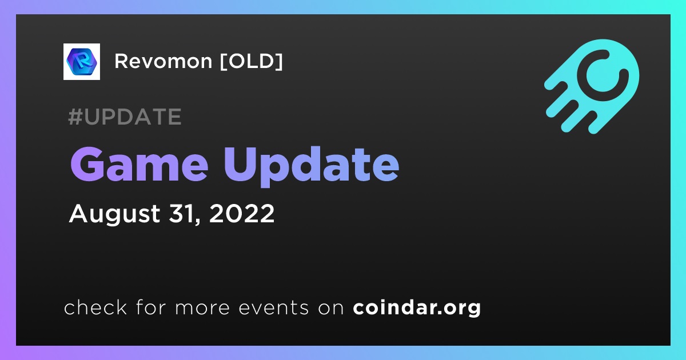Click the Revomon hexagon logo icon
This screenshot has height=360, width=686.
pyautogui.click(x=81, y=62)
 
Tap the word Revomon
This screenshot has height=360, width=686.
pyautogui.click(x=163, y=61)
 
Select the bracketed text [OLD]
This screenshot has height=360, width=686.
pyautogui.click(x=251, y=61)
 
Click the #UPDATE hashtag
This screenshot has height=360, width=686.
pyautogui.click(x=125, y=117)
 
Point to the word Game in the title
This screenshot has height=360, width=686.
pyautogui.click(x=139, y=164)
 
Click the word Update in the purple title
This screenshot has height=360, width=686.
pyautogui.click(x=312, y=167)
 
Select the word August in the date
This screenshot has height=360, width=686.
pyautogui.click(x=114, y=214)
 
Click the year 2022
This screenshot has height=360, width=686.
pyautogui.click(x=242, y=213)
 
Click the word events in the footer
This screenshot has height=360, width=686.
pyautogui.click(x=273, y=307)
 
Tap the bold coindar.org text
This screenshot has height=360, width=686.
pyautogui.click(x=417, y=308)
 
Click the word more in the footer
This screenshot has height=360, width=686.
pyautogui.click(x=202, y=308)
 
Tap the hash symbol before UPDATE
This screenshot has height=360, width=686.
pyautogui.click(x=75, y=117)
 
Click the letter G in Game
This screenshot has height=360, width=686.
pyautogui.click(x=88, y=165)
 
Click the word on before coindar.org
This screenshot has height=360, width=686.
pyautogui.click(x=331, y=308)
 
